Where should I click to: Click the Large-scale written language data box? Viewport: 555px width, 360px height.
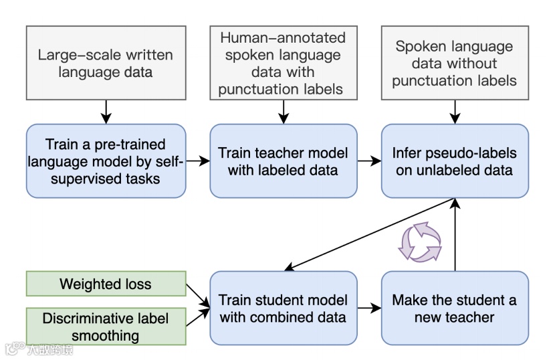click(106, 64)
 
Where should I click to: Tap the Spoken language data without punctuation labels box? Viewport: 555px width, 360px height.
click(455, 64)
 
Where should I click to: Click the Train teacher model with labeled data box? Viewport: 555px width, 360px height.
click(283, 161)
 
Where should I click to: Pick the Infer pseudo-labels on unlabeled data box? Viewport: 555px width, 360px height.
click(455, 161)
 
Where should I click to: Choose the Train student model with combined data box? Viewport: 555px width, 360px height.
click(283, 308)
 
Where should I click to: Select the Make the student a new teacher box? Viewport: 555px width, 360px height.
click(455, 308)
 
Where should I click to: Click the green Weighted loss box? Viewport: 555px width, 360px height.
click(106, 284)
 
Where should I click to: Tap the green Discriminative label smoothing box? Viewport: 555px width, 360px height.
click(106, 327)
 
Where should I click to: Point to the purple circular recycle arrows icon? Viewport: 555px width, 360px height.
click(420, 242)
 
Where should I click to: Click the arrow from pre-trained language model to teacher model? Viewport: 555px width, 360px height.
click(198, 161)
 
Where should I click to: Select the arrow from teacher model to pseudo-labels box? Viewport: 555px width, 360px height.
click(368, 161)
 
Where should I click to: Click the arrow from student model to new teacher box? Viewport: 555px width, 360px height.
click(368, 308)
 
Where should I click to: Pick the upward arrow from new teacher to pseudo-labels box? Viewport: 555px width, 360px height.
click(455, 234)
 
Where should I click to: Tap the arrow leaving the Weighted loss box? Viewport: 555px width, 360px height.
click(197, 291)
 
